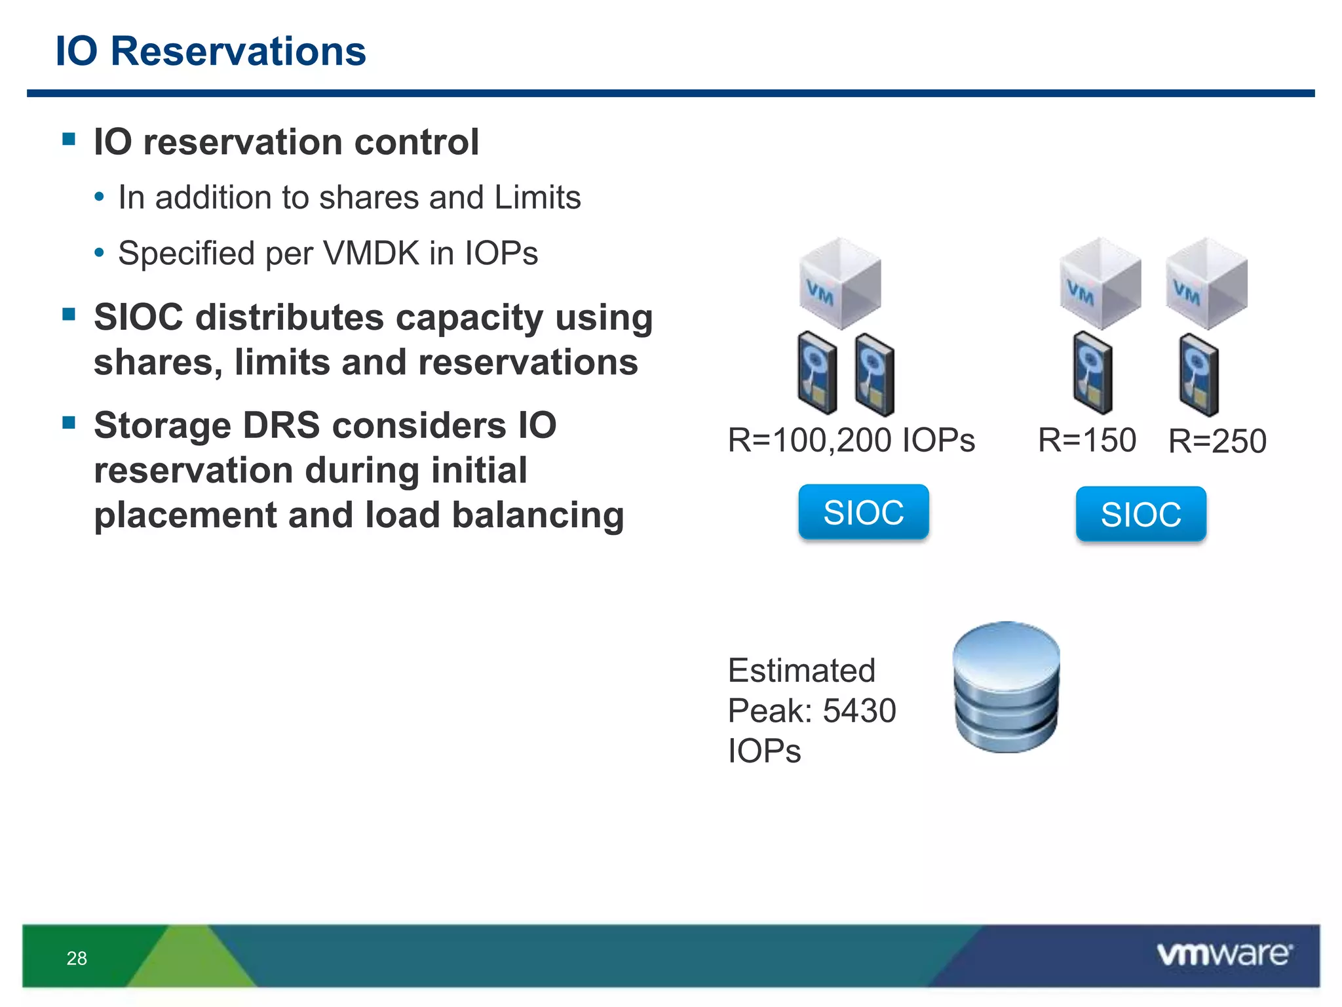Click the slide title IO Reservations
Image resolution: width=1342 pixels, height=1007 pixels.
(210, 51)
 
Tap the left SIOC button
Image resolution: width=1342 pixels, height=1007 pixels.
(863, 512)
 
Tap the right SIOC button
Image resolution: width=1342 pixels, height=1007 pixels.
(1140, 514)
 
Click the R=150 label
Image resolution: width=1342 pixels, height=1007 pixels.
(1086, 440)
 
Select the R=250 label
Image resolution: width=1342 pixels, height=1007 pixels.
(1217, 441)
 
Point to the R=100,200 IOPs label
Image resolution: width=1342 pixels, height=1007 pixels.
(851, 440)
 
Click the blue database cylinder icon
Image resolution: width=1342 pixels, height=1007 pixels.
(1006, 686)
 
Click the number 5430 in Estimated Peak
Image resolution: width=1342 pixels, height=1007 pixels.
(859, 711)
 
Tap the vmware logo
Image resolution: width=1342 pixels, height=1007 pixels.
(1224, 954)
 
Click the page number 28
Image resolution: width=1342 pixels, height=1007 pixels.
(77, 958)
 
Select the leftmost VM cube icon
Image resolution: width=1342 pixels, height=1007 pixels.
(839, 284)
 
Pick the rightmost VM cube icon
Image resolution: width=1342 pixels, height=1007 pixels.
(1206, 284)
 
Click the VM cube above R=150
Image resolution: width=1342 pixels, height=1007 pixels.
(1100, 284)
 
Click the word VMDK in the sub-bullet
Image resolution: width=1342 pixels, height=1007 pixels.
(371, 253)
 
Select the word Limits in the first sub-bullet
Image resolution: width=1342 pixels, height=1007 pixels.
(537, 197)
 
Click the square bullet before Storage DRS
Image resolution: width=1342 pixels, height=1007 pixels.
(69, 422)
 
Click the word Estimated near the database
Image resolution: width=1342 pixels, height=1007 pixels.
(801, 671)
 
